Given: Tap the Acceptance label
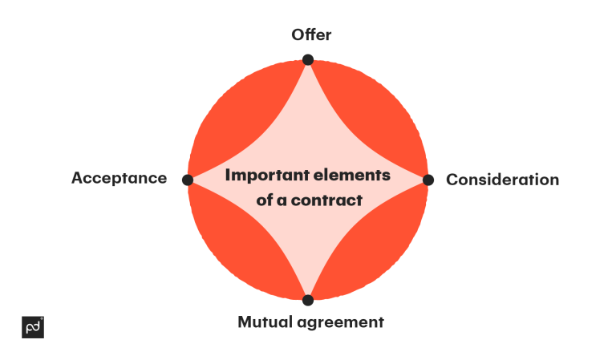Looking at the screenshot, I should [119, 178].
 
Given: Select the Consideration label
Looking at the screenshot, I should [502, 180].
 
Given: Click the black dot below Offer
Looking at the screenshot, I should [308, 59].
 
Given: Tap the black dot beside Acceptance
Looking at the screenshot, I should [188, 180].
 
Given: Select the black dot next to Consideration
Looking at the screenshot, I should [428, 180].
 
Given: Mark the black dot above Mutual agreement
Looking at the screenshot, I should [308, 300].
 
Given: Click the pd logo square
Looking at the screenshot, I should [33, 327].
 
